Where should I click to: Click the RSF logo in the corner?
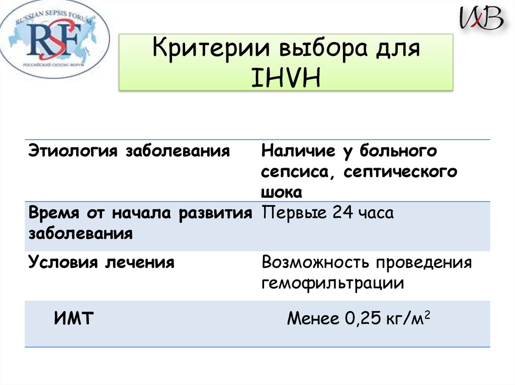click(x=55, y=39)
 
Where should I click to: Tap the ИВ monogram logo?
click(x=481, y=19)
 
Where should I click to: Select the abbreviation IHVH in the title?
click(x=286, y=78)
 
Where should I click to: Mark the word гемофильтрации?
click(x=332, y=283)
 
